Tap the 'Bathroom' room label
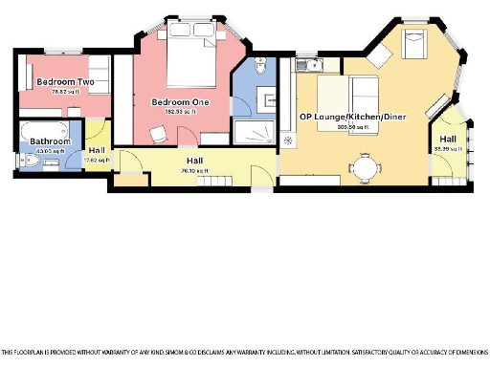coord(42,141)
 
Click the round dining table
coord(367,167)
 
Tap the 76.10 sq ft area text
coord(195,171)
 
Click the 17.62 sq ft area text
coord(97,160)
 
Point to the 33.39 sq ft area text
coord(447,149)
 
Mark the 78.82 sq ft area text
coord(63,92)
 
